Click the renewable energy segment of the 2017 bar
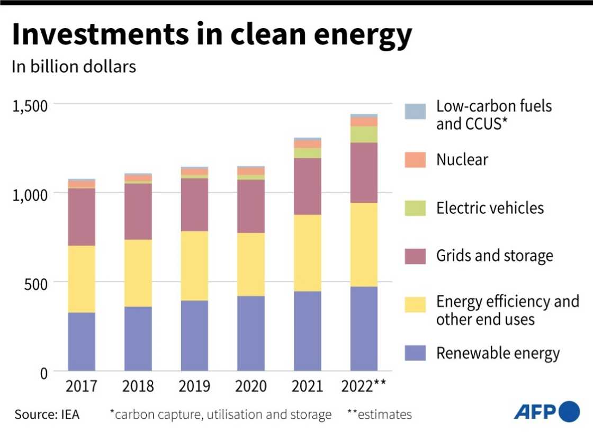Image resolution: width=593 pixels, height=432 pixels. (82, 341)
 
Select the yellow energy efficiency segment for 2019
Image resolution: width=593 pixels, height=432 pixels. (194, 266)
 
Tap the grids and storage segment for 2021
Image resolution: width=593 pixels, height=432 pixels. (307, 186)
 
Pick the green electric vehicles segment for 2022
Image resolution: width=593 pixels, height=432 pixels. (364, 134)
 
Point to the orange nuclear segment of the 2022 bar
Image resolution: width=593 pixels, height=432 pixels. (364, 121)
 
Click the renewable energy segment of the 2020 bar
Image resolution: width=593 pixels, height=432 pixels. (251, 333)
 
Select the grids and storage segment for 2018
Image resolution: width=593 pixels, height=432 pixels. (138, 211)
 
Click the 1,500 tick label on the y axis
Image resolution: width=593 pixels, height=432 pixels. (30, 105)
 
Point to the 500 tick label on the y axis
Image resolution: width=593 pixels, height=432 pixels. (37, 283)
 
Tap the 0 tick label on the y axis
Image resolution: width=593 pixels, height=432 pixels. (44, 373)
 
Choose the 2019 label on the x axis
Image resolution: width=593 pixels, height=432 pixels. (194, 386)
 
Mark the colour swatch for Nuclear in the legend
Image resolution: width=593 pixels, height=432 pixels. (415, 160)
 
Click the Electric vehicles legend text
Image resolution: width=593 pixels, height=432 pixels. (490, 208)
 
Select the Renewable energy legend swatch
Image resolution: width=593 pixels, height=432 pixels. (415, 353)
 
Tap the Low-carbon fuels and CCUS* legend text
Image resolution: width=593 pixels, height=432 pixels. (493, 114)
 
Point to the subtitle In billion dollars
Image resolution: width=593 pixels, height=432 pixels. (74, 67)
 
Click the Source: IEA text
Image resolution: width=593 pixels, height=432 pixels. (47, 414)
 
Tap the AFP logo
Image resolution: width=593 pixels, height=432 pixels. (546, 411)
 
